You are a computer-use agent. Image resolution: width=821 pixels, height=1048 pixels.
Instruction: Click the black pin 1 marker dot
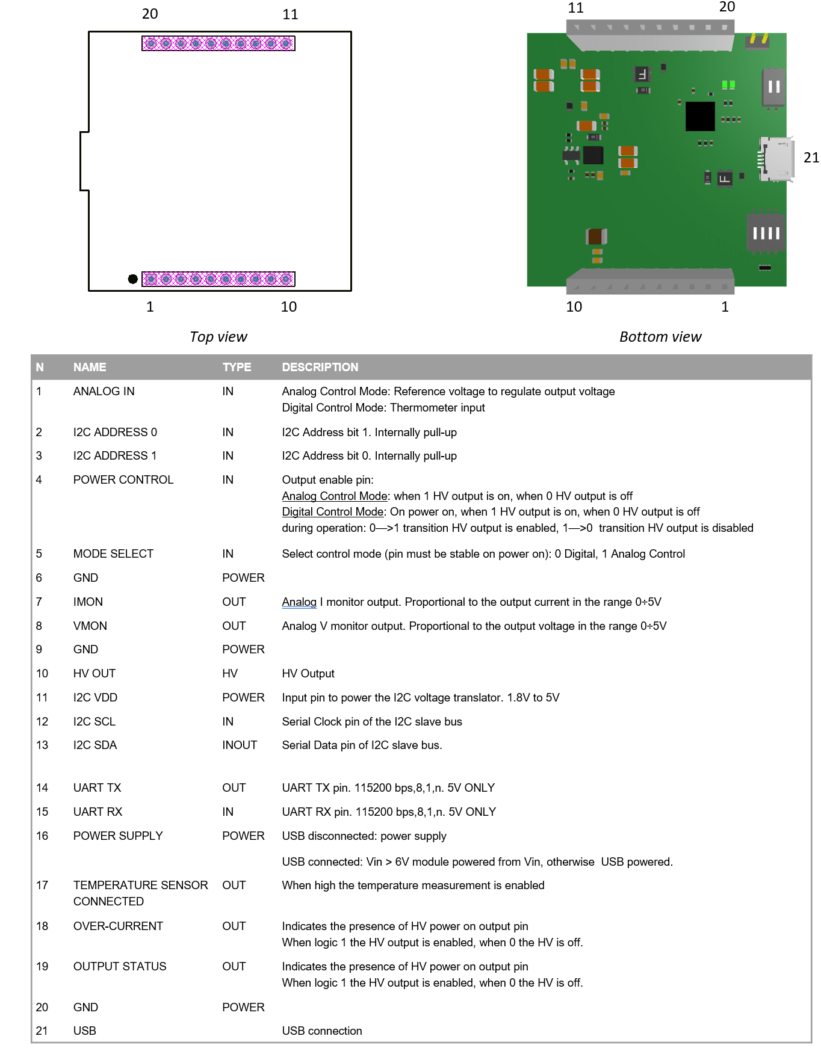pyautogui.click(x=132, y=279)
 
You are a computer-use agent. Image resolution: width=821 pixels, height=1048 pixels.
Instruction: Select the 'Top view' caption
pyautogui.click(x=218, y=337)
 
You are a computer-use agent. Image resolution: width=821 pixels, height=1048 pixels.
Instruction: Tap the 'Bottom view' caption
pyautogui.click(x=660, y=337)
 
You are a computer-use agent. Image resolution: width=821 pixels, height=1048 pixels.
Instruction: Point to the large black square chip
pyautogui.click(x=700, y=116)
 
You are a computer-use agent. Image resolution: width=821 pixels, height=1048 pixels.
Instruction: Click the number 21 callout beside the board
pyautogui.click(x=811, y=158)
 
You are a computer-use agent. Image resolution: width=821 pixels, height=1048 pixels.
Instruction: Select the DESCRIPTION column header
pyautogui.click(x=320, y=367)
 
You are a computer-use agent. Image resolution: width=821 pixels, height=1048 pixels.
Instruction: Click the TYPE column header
pyautogui.click(x=237, y=367)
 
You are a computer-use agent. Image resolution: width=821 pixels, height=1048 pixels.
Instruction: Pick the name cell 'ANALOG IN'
pyautogui.click(x=104, y=391)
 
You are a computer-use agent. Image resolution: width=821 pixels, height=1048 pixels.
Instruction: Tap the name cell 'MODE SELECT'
pyautogui.click(x=113, y=553)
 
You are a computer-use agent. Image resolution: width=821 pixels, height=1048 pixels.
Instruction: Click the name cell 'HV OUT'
pyautogui.click(x=94, y=673)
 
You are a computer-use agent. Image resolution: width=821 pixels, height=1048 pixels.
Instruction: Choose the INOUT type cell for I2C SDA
pyautogui.click(x=239, y=745)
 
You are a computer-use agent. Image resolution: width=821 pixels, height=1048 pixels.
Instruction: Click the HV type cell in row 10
pyautogui.click(x=229, y=673)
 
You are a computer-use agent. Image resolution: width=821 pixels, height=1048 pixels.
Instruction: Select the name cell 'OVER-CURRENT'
pyautogui.click(x=118, y=926)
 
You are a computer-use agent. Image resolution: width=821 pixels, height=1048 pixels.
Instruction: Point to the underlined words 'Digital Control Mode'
pyautogui.click(x=332, y=511)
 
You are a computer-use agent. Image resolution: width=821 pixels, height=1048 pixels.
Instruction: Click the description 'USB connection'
pyautogui.click(x=321, y=1031)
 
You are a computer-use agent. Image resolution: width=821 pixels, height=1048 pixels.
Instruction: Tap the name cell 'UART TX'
pyautogui.click(x=97, y=788)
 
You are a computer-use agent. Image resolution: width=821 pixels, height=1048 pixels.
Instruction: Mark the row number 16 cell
pyautogui.click(x=42, y=836)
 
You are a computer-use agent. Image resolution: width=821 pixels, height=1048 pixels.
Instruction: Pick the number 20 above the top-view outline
pyautogui.click(x=150, y=14)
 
